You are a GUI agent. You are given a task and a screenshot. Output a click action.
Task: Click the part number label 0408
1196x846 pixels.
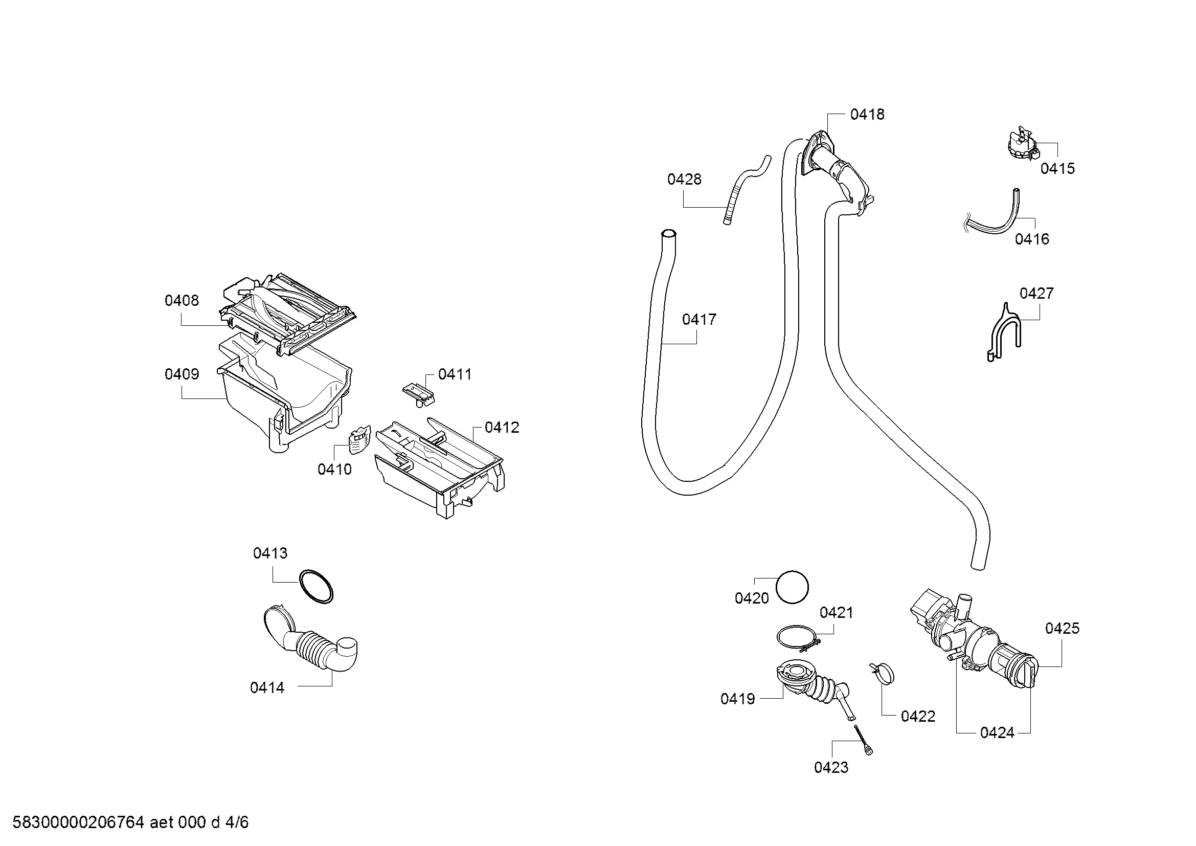coord(182,301)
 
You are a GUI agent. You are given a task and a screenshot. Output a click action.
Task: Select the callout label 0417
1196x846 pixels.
coord(699,319)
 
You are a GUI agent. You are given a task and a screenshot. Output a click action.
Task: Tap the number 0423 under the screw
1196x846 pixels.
coord(831,767)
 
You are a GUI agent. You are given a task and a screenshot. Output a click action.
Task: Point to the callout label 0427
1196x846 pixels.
coord(1036,294)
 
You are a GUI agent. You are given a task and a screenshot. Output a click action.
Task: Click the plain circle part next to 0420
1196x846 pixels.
coord(792,588)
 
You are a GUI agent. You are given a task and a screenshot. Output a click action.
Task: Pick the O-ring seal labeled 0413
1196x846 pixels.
coord(316,587)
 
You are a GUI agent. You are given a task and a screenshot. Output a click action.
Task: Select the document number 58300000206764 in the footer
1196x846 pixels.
coord(78,822)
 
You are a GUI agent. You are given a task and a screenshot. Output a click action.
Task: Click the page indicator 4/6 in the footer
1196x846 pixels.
coord(237,822)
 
